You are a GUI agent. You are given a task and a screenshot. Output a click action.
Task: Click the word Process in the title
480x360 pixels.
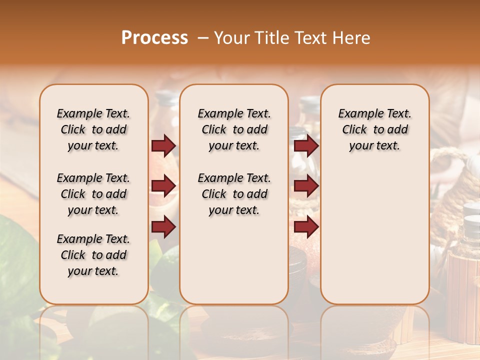[154, 38]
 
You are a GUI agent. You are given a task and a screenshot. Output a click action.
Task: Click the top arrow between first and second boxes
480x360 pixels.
[163, 145]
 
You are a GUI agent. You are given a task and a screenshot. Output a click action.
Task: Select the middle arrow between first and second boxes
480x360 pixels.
[163, 186]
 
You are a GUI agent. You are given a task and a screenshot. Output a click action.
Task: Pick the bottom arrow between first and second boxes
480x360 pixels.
[163, 226]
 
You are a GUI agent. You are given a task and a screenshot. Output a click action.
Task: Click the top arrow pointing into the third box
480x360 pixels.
[306, 145]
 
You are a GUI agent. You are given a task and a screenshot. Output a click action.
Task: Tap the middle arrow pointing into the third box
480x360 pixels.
[306, 186]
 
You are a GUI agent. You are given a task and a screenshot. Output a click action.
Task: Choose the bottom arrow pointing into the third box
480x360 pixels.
[306, 226]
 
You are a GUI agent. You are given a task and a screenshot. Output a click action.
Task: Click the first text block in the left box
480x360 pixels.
[93, 129]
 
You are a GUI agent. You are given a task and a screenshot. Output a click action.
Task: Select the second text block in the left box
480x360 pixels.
[93, 194]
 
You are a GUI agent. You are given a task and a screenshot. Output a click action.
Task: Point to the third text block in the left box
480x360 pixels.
[93, 255]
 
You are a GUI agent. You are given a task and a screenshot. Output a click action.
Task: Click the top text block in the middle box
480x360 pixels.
[234, 129]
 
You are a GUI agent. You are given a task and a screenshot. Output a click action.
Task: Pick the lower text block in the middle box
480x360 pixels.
[234, 194]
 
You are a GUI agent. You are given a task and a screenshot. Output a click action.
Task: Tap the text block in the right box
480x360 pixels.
[374, 129]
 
